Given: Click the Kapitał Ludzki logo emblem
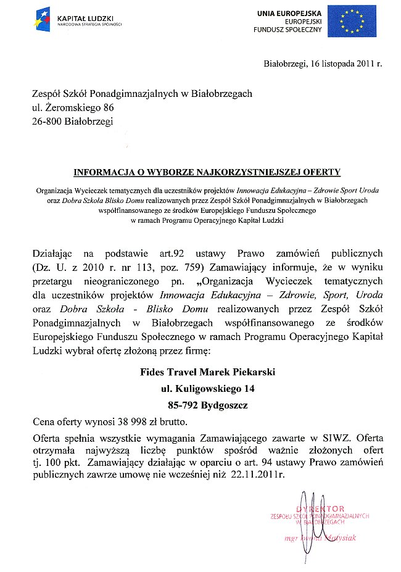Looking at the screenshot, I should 44,21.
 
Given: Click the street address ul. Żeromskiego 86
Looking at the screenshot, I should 73,107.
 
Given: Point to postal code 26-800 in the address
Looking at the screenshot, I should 47,122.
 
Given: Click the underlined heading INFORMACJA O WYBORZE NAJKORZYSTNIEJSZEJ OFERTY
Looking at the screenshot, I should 207,172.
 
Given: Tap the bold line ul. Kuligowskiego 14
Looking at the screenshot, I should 207,389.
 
